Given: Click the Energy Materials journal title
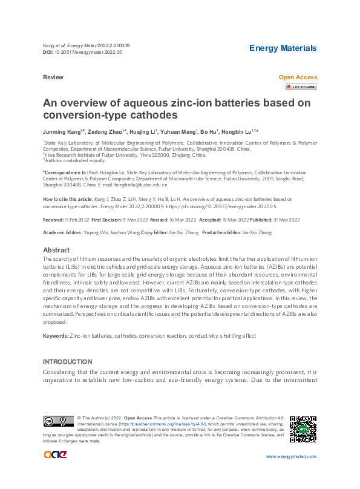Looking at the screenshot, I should pos(283,48).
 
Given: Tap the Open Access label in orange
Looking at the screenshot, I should pos(297,77).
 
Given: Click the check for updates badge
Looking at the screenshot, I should pos(301,87).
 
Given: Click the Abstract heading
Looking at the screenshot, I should pos(56,250).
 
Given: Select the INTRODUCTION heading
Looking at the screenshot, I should pos(67,361).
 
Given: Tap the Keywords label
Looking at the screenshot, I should pos(55,335).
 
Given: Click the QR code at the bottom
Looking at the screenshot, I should pos(303,428).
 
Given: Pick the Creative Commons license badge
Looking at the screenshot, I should pos(58,421).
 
